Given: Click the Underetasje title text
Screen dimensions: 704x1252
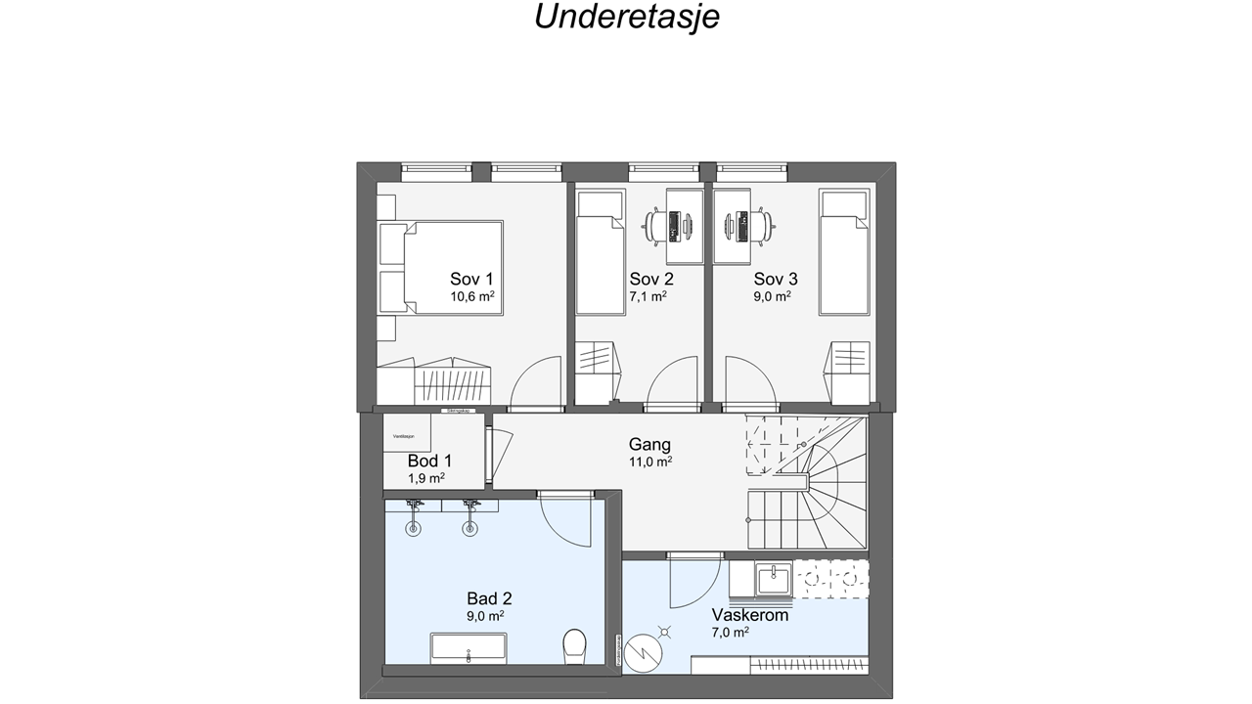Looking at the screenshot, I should click(626, 17).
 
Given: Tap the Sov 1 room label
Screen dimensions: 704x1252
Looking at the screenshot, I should click(471, 279).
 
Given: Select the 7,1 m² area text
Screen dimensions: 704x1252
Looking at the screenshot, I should click(648, 296).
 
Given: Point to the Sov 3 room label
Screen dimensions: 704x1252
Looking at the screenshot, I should click(776, 279).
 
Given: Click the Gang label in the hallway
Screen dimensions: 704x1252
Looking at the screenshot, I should click(649, 445).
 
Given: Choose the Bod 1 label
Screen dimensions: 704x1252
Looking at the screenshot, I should click(429, 461).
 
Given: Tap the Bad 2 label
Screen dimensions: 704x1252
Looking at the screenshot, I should click(489, 598).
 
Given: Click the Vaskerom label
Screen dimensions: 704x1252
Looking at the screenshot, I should click(750, 615).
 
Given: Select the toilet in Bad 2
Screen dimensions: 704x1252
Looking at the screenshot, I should click(574, 645).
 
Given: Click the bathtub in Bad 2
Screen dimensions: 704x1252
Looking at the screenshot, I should click(469, 647).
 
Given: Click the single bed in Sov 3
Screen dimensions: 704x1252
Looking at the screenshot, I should click(844, 252).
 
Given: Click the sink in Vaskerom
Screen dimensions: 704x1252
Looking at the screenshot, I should click(773, 579).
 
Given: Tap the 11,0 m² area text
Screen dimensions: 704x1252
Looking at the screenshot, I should click(649, 462).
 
